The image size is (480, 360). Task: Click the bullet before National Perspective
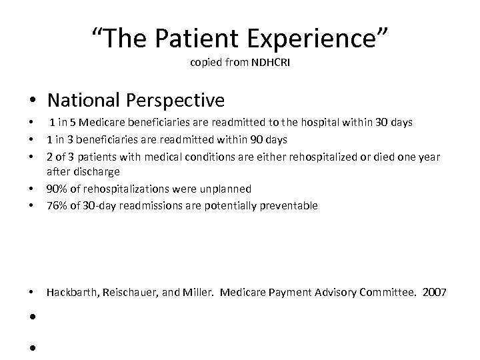(33, 101)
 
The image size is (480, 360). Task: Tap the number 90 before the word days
(255, 139)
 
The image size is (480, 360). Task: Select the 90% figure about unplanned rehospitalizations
(57, 189)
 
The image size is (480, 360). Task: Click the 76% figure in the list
(57, 206)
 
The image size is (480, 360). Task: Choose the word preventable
(289, 206)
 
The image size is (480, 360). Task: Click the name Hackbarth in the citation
(71, 292)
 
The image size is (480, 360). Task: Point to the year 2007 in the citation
(435, 292)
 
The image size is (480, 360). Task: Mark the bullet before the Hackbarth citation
(33, 293)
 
